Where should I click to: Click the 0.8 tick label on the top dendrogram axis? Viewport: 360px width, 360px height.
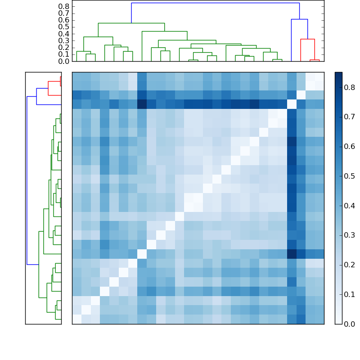pos(64,6)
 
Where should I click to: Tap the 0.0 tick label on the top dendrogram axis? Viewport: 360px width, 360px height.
pos(64,61)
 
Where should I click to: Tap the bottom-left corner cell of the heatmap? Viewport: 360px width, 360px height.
pos(76,319)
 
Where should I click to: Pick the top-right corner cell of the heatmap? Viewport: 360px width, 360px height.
pos(319,76)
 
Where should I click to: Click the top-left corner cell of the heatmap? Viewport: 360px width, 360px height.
pos(76,76)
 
